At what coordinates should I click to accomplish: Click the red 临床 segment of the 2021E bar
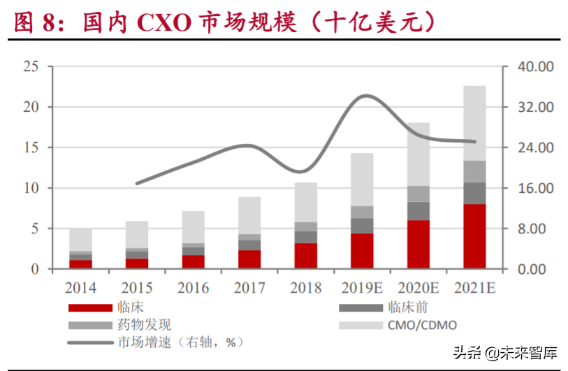point(474,236)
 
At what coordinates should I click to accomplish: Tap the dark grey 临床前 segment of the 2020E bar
point(418,211)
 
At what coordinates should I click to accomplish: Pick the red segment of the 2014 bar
point(80,264)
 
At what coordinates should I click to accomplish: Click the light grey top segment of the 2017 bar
point(249,215)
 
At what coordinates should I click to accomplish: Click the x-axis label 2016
point(193,288)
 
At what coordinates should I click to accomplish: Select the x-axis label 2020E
point(418,288)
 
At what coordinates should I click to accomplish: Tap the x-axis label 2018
point(305,288)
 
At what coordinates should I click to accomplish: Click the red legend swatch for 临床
point(89,307)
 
